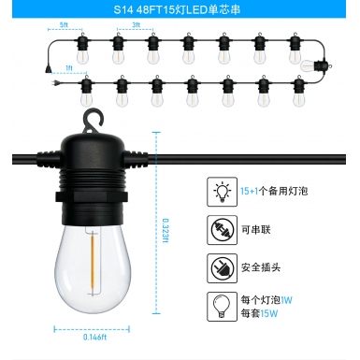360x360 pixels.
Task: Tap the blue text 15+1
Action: tap(248, 191)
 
